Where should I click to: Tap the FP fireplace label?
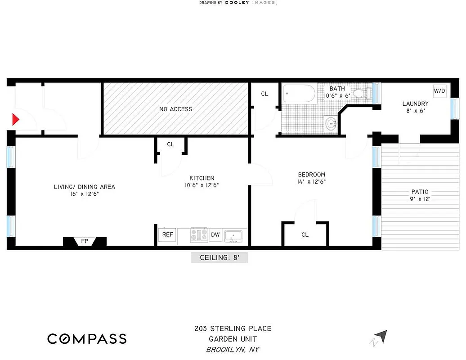click(85, 242)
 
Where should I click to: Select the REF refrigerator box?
click(167, 234)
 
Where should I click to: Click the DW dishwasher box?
click(215, 234)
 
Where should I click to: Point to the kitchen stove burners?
click(199, 234)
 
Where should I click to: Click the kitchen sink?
click(233, 234)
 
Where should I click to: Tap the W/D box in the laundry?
click(439, 91)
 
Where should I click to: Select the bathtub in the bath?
click(299, 94)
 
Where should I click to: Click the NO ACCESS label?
click(175, 109)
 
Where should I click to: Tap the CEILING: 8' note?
click(219, 258)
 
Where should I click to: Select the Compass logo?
click(87, 338)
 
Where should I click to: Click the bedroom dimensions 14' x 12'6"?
click(311, 182)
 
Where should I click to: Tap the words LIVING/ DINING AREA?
click(85, 187)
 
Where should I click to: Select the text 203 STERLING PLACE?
click(233, 329)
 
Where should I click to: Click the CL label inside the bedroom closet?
click(305, 234)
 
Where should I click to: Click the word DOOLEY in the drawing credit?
click(238, 3)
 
